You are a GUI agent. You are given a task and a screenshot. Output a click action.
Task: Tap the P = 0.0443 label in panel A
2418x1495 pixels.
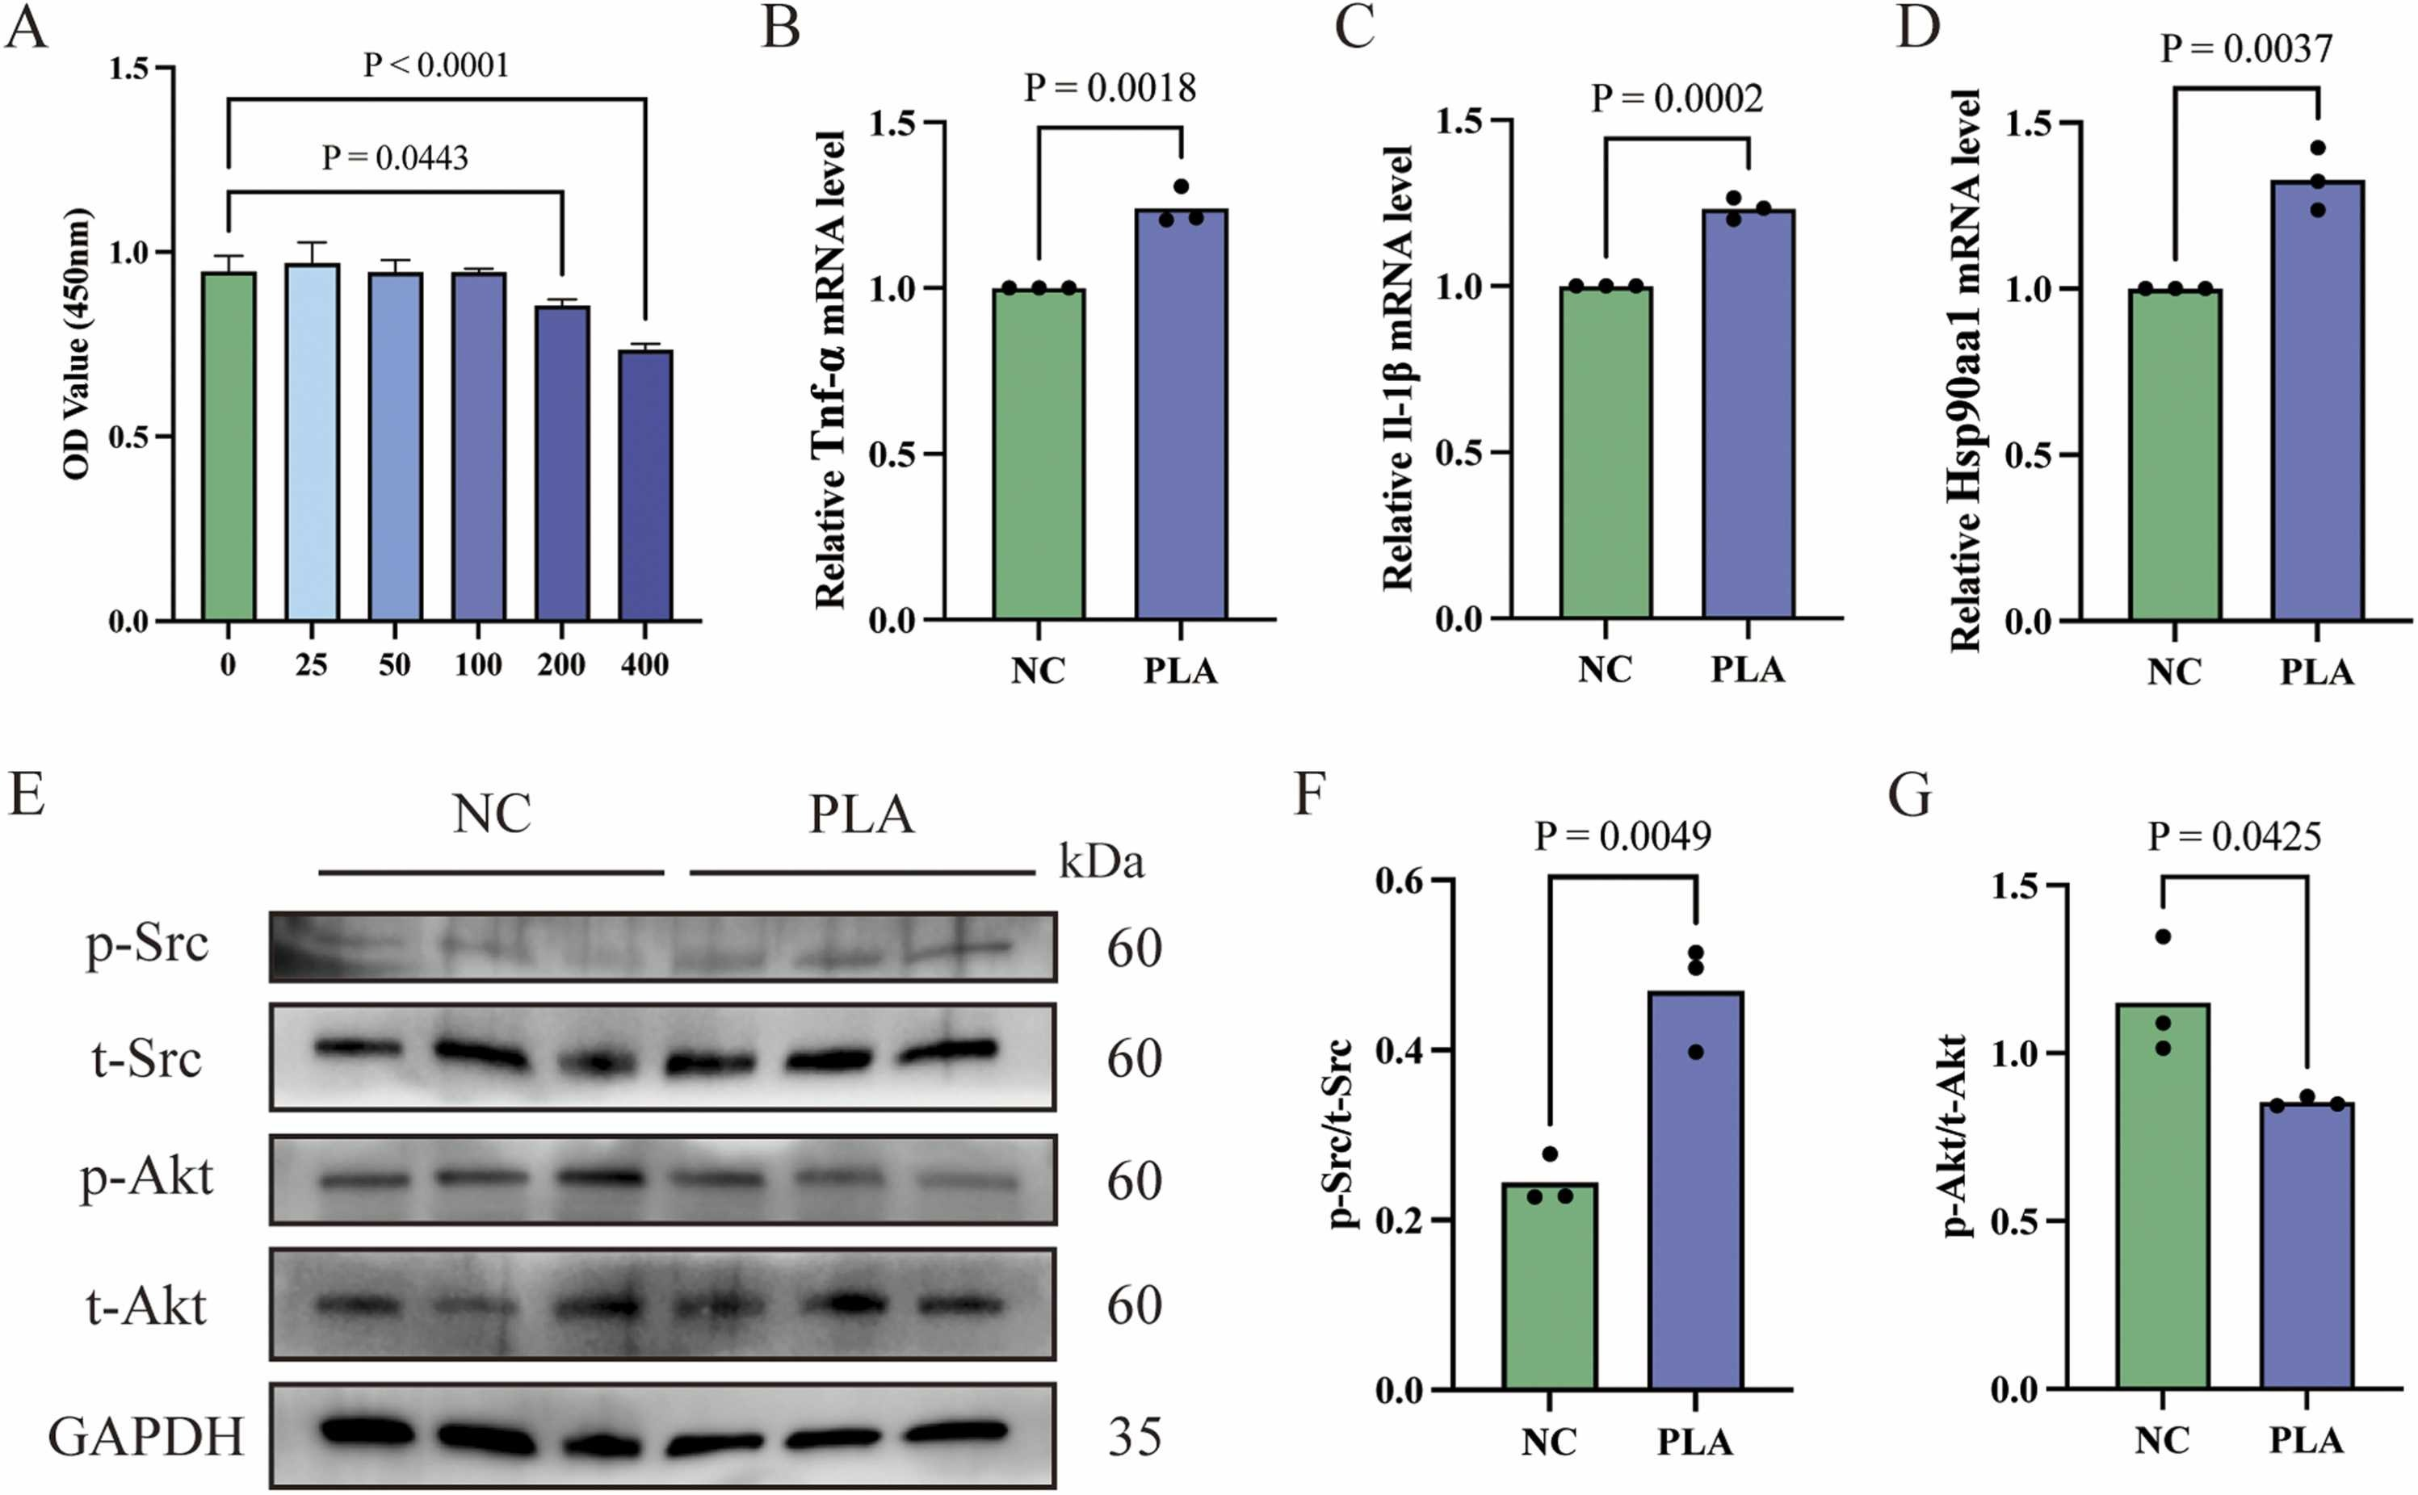pyautogui.click(x=395, y=157)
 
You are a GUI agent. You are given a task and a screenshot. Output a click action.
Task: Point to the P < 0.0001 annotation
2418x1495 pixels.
pyautogui.click(x=436, y=65)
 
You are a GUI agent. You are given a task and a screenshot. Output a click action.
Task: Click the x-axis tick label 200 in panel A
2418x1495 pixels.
pyautogui.click(x=560, y=664)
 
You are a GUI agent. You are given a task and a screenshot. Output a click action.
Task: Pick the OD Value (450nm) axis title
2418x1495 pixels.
pyautogui.click(x=78, y=344)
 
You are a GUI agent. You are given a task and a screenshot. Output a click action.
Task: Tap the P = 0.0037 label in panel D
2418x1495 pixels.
pyautogui.click(x=2246, y=48)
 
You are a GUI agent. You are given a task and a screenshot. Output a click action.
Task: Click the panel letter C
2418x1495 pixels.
pyautogui.click(x=1354, y=27)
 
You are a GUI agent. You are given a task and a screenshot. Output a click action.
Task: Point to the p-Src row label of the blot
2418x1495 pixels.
pyautogui.click(x=147, y=944)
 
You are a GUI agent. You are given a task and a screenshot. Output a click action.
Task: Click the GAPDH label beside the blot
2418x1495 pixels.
pyautogui.click(x=145, y=1436)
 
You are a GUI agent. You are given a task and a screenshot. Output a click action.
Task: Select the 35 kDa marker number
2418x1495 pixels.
pyautogui.click(x=1133, y=1437)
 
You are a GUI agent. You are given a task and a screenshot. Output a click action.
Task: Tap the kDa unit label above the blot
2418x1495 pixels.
pyautogui.click(x=1101, y=861)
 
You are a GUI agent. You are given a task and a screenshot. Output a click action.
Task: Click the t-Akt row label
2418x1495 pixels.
pyautogui.click(x=146, y=1306)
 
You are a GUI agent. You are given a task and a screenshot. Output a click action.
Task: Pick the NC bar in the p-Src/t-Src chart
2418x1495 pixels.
pyautogui.click(x=1549, y=1285)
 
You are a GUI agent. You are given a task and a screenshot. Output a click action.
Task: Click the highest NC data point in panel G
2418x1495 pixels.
pyautogui.click(x=2163, y=936)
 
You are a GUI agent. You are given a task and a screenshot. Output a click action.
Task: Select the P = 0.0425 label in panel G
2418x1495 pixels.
pyautogui.click(x=2234, y=836)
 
